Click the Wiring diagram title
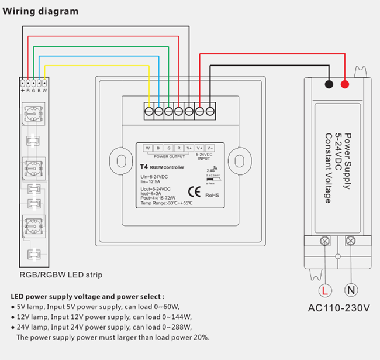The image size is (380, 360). coord(41,11)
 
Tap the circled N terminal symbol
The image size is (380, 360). coord(352,289)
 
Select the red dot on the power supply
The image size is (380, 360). coord(345,84)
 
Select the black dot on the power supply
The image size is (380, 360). coord(329,84)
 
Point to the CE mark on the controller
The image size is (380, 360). coord(195,191)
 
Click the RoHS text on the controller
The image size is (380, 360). coord(212,194)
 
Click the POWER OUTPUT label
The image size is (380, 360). coord(169,157)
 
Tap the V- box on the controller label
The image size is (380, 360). coord(210,148)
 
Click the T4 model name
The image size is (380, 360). coord(144,167)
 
